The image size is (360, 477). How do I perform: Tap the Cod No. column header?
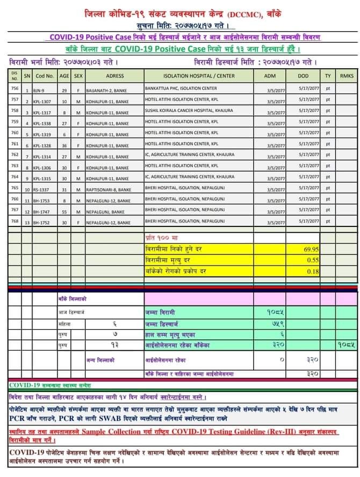point(45,76)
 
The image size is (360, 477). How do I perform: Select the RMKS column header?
point(347,76)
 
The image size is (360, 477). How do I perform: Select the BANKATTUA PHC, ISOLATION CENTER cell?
point(181,88)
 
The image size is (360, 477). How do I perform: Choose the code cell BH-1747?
point(41,212)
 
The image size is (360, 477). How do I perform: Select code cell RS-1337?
point(41,190)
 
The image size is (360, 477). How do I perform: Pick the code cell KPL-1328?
point(42,145)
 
